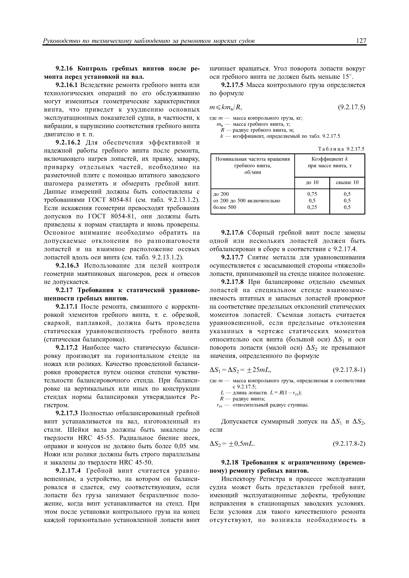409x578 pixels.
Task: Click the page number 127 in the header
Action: point(361,41)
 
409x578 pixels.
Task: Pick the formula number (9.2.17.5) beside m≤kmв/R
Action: point(351,107)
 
